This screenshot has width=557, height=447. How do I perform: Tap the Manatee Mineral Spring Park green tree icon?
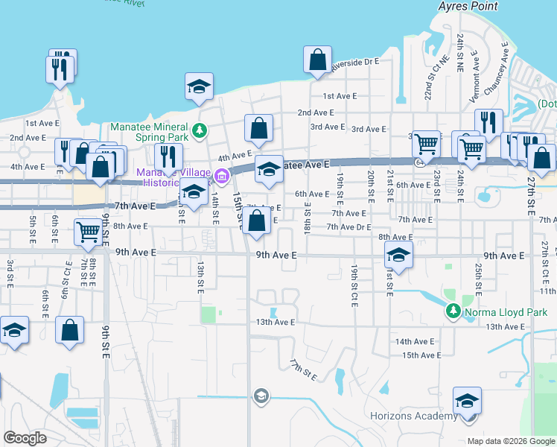(199, 132)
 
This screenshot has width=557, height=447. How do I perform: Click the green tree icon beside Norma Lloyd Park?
(452, 311)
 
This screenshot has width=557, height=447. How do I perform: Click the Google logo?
(25, 438)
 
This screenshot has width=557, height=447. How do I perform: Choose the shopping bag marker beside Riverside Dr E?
(317, 59)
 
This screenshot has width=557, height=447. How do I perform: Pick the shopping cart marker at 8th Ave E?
(88, 232)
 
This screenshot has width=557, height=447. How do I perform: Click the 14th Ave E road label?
(415, 341)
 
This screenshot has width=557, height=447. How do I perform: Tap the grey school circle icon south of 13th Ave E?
(261, 396)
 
